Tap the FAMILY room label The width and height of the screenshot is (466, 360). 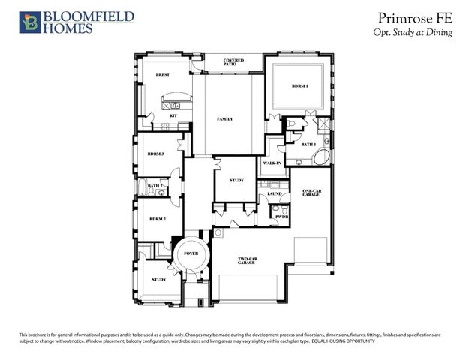225,119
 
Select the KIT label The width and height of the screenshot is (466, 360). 173,117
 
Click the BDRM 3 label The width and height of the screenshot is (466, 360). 156,154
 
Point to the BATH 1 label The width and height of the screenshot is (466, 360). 308,144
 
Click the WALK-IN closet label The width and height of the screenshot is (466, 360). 272,163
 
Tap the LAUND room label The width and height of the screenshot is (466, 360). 274,193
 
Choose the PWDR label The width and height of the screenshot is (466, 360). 282,217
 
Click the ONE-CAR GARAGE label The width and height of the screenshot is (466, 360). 312,194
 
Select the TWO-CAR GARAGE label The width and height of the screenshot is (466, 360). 248,260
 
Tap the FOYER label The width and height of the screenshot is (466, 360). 191,254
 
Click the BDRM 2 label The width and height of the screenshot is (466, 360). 156,219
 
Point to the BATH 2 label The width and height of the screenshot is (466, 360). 155,185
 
